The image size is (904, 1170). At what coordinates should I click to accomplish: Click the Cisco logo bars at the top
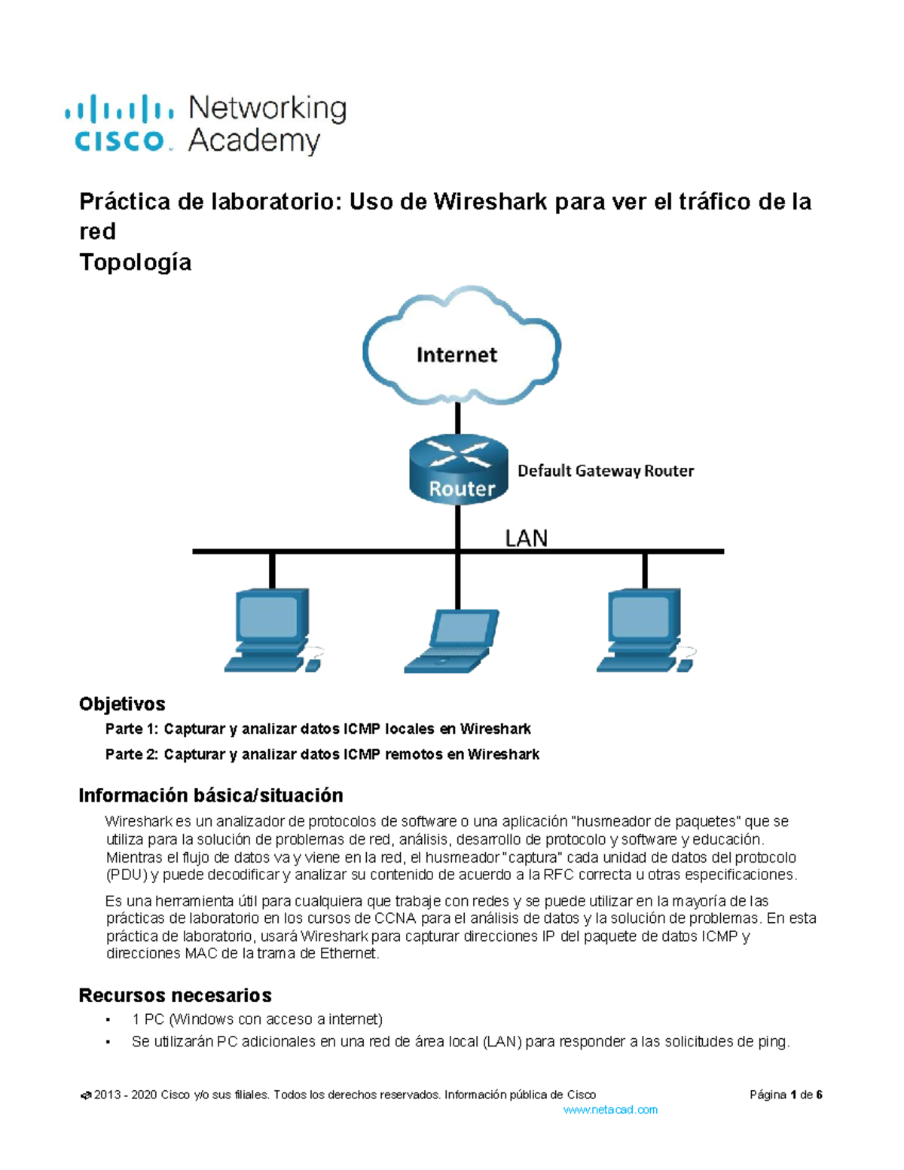[119, 109]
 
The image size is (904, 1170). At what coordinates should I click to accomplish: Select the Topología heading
[136, 262]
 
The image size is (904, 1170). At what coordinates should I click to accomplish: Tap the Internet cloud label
[457, 355]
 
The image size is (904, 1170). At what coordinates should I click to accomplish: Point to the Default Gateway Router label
[606, 471]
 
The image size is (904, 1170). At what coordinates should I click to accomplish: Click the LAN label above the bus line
[526, 538]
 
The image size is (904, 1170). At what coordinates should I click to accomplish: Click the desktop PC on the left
[272, 630]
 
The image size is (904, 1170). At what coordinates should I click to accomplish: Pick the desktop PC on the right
[645, 630]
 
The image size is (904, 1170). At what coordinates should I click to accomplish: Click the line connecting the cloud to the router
[458, 419]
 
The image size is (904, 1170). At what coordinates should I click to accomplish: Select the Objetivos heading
[122, 704]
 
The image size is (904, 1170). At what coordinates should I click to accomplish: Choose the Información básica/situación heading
[211, 796]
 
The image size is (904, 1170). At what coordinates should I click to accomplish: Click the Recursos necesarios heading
[175, 995]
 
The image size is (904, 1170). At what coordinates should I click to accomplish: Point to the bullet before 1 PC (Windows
[108, 1020]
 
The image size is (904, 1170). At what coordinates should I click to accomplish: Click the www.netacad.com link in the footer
[610, 1110]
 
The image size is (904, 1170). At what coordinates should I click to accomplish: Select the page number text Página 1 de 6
[786, 1095]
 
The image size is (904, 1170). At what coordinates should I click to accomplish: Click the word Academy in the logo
[255, 141]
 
